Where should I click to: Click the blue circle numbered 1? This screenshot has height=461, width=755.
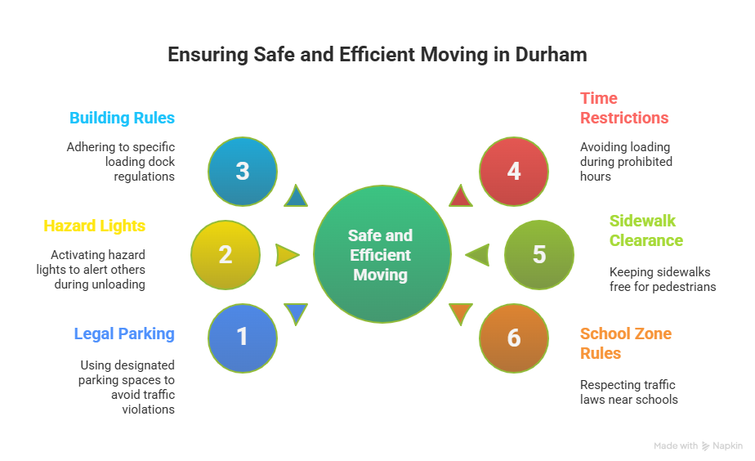243,338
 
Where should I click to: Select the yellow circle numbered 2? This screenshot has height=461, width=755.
226,255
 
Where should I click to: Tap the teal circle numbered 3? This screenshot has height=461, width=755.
243,172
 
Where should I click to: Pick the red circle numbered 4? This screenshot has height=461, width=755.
513,172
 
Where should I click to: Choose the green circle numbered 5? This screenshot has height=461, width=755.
538,255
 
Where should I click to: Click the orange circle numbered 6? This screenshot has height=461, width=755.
513,338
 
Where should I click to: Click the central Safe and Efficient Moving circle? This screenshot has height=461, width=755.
382,255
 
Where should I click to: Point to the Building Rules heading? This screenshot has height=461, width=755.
122,118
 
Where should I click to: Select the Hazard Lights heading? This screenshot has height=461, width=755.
94,226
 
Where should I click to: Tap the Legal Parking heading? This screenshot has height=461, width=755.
124,333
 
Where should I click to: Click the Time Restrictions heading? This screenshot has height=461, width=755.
624,108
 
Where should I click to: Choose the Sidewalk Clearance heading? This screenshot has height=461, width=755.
646,230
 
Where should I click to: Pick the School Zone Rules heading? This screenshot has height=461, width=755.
625,343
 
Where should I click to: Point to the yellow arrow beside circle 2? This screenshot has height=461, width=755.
287,255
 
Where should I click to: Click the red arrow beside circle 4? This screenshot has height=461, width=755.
461,197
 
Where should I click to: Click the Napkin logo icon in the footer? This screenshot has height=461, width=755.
706,446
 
